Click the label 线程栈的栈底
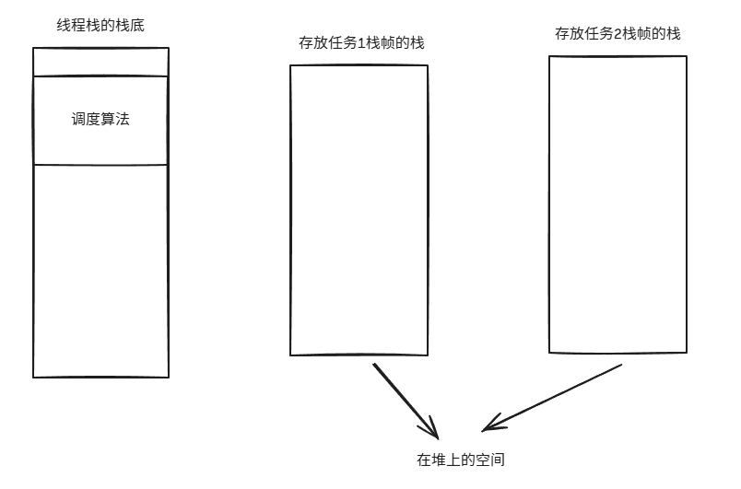100,26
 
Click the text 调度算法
100,120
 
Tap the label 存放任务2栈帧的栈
617,33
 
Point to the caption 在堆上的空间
461,459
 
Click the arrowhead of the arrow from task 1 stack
431,430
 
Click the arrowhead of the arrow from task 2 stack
492,425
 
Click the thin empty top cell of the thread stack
100,62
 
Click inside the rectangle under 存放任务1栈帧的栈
359,210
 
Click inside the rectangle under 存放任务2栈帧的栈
617,204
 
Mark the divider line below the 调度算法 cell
100,165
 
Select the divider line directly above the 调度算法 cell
100,76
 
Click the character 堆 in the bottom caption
438,459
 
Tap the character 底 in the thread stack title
137,26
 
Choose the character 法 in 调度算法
123,120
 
